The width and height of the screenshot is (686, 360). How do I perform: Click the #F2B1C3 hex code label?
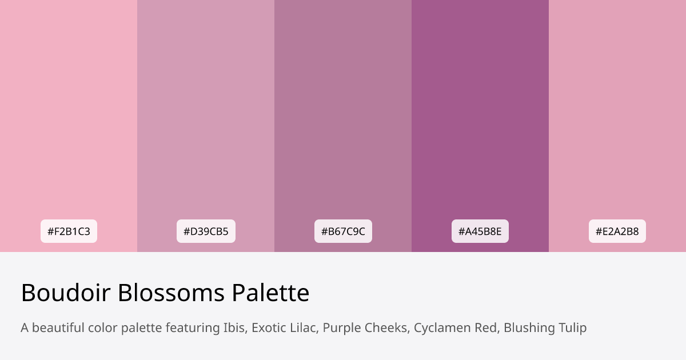coord(69,231)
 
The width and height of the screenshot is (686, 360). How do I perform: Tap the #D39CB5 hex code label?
coord(206,231)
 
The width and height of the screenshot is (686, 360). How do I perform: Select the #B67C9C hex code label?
coord(343,231)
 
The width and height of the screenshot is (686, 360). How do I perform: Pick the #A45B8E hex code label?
coord(480,231)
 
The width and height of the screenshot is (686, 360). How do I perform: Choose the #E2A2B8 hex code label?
coord(617,231)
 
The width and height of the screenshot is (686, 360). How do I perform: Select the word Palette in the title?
coord(270,293)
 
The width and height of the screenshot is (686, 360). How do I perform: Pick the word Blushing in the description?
coord(527,328)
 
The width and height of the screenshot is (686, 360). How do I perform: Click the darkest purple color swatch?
coord(480,114)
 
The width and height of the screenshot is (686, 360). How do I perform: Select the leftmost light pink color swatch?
coord(69,114)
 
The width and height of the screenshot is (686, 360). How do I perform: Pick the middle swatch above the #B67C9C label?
coord(343,114)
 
